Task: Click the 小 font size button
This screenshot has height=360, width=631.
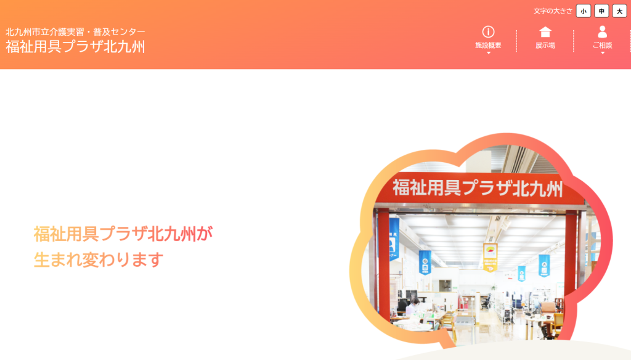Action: coord(583,11)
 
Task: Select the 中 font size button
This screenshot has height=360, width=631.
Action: coord(601,11)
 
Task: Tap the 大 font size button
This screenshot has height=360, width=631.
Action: coord(619,11)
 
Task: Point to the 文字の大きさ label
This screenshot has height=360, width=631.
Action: coord(553,11)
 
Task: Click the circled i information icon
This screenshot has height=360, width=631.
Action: coord(488,32)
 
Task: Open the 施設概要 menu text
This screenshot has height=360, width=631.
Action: coord(488,46)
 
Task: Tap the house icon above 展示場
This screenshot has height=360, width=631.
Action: coord(545,32)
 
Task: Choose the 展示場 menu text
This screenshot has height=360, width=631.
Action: coord(545,46)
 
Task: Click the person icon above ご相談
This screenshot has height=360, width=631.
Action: coord(603,32)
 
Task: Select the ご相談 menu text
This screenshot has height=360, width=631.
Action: coord(603,46)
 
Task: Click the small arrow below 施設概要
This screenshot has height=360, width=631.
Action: coord(489,53)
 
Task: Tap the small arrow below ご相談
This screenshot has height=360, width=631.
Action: coord(603,53)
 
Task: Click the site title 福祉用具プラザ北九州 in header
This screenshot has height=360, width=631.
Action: coord(75,47)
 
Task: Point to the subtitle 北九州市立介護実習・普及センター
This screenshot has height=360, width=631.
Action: coord(75,32)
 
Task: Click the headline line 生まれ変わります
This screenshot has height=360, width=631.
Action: coord(99,260)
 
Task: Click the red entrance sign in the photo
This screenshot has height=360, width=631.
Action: coord(478,188)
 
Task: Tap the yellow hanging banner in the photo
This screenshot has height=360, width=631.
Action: coord(490,257)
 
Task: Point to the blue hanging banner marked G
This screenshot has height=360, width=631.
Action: coord(425,263)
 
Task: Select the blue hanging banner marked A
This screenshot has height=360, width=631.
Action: coord(544,266)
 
